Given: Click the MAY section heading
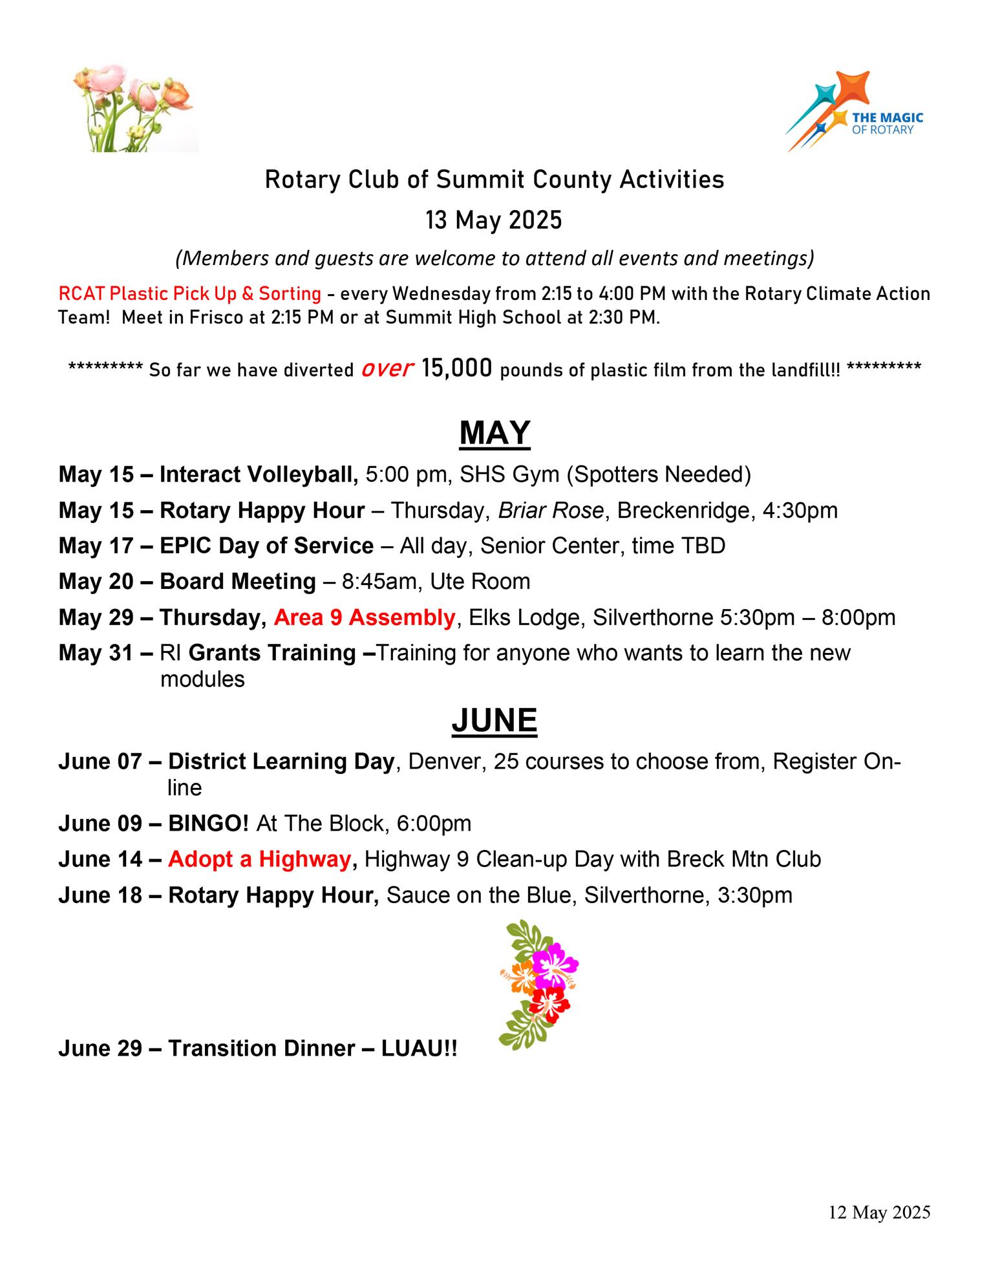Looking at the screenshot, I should pyautogui.click(x=494, y=433).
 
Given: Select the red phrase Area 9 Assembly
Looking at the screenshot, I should pyautogui.click(x=365, y=617).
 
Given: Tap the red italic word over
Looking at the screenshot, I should pyautogui.click(x=387, y=368).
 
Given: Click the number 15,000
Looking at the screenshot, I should pyautogui.click(x=457, y=368).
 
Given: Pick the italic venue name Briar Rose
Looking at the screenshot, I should pyautogui.click(x=551, y=511).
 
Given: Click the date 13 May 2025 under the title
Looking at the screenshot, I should pyautogui.click(x=494, y=220).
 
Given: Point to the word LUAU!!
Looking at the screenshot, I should pyautogui.click(x=420, y=1048).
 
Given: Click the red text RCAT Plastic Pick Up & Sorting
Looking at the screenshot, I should pyautogui.click(x=189, y=293).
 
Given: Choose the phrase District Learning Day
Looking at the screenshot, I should pyautogui.click(x=281, y=762).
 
